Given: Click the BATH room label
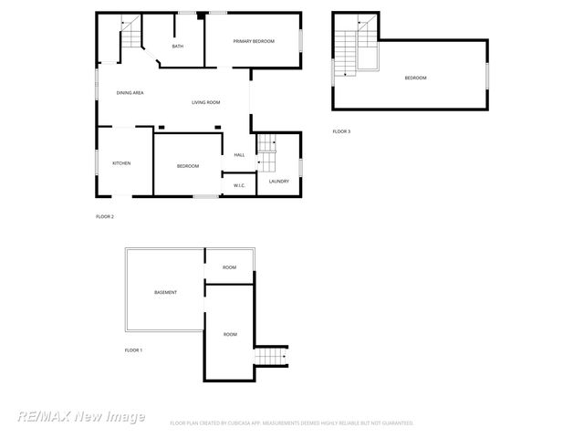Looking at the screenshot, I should tap(177, 47).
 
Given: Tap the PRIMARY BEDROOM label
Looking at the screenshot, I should tap(253, 42).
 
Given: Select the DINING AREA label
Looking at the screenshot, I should tap(130, 93).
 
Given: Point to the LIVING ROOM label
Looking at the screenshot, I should tap(205, 102).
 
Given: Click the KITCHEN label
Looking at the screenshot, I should tap(121, 163).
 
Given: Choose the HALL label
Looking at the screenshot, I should tap(239, 154).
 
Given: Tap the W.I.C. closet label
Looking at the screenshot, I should tap(239, 185).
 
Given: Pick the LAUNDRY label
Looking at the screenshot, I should tap(278, 181).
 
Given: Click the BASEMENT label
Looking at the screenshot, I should tap(165, 292).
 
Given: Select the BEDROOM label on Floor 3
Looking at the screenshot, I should tap(415, 78).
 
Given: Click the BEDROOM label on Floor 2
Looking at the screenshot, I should tap(188, 165).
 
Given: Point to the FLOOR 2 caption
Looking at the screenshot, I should tap(105, 216).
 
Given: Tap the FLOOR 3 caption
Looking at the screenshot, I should tap(341, 131).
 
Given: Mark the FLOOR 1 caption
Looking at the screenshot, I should tap(133, 350).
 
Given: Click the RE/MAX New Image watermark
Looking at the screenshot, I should tap(81, 416).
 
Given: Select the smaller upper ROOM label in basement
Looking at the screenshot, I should tap(229, 267).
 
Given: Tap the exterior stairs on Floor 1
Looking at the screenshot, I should tap(271, 355).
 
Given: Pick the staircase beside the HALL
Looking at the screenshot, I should tap(265, 151).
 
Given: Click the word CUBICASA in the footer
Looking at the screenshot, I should tap(258, 423).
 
